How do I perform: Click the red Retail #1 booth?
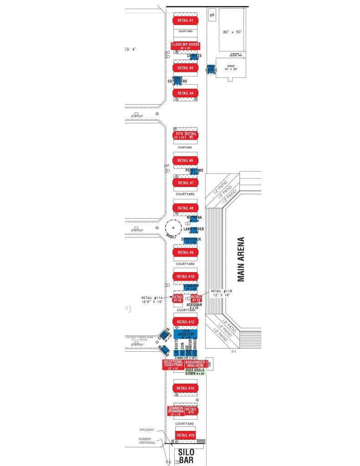coord(185,21)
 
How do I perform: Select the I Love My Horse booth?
coord(185,46)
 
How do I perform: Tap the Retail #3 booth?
coord(185,68)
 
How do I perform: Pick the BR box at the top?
coord(212,15)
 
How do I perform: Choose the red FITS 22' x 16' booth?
coord(179,135)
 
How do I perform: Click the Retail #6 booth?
coord(185,161)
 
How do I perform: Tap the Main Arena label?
coord(241,259)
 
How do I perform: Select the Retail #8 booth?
coord(185,208)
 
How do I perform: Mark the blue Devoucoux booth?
coord(191,241)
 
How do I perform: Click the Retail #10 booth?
coord(185,276)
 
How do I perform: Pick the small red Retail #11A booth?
coord(177,299)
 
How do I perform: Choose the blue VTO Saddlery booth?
coord(185,334)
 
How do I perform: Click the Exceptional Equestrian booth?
coord(172,364)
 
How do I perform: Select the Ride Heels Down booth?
coord(195,372)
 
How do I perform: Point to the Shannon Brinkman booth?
coord(176,410)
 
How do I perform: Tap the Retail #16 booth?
coord(185,436)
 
